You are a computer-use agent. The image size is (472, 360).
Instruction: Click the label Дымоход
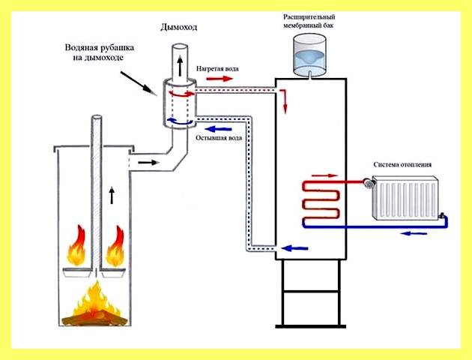pos(179,28)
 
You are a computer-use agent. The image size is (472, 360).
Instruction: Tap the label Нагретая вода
pos(217,69)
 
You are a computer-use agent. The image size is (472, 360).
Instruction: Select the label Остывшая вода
pos(219,138)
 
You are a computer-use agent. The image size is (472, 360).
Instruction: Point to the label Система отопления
pos(402,164)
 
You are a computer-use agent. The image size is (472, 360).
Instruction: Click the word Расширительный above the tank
pos(309,17)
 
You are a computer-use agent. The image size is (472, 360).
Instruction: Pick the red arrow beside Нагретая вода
pos(220,79)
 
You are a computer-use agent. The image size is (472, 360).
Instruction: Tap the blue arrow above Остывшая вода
pos(218,129)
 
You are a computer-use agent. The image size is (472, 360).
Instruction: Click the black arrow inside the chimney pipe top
pos(180,66)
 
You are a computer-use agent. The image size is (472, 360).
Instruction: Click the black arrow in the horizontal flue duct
pos(148,163)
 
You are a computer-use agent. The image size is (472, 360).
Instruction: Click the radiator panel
pos(405,197)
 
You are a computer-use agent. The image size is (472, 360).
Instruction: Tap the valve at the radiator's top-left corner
pos(368,183)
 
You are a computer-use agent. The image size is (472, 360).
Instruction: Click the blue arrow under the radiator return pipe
pos(414,233)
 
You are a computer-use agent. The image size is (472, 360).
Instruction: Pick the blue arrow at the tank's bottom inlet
pos(294,248)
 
